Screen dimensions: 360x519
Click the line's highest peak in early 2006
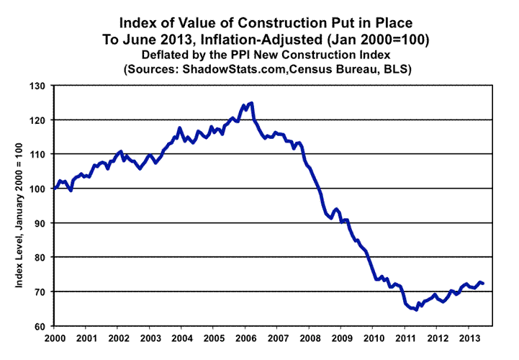pyautogui.click(x=251, y=103)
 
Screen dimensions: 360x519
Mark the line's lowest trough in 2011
pyautogui.click(x=416, y=310)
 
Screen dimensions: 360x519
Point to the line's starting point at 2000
pyautogui.click(x=55, y=189)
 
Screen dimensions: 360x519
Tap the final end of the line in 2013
pyautogui.click(x=482, y=283)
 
